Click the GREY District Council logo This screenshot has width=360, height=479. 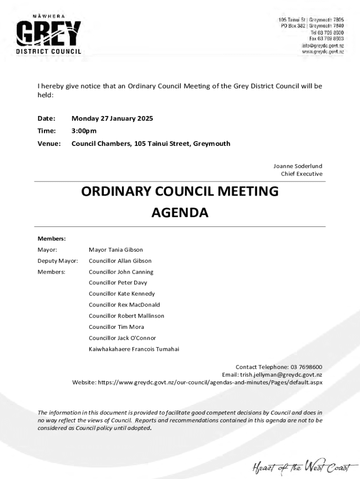(x=49, y=35)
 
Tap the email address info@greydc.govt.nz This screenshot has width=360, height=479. (x=323, y=45)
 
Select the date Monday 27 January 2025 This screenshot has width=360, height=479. (x=112, y=118)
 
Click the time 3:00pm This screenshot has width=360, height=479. (x=84, y=131)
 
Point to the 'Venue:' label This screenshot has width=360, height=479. (x=49, y=144)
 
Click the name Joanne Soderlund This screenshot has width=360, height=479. (x=298, y=166)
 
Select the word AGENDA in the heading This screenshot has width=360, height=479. (x=180, y=213)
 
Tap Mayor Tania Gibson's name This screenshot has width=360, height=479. (x=116, y=250)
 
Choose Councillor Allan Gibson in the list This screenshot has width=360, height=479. (x=120, y=261)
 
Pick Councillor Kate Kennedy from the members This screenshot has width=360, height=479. (x=122, y=294)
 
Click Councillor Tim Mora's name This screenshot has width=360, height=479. (x=116, y=327)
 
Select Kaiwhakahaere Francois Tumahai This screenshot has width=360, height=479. (x=134, y=349)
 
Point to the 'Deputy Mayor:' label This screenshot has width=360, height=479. (x=58, y=261)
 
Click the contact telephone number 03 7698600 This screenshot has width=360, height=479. (x=306, y=367)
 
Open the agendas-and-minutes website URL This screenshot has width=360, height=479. (x=210, y=383)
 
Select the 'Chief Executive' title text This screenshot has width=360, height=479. (x=302, y=174)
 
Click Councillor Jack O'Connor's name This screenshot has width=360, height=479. (x=122, y=338)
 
